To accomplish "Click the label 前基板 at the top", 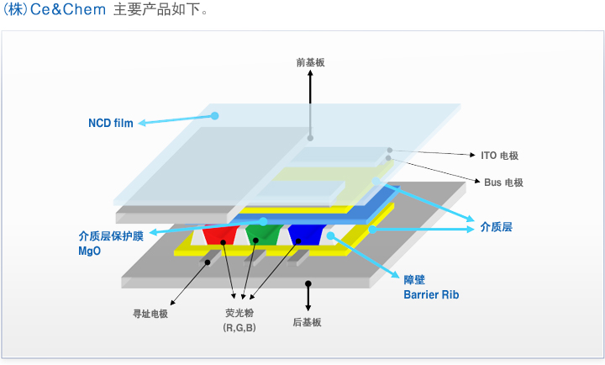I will (310, 62).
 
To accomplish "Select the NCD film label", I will (111, 123).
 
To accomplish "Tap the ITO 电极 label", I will (499, 156).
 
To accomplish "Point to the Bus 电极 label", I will (504, 182).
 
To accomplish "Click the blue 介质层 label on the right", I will (497, 226).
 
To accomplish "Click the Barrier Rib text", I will (431, 295).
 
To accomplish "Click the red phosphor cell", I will (219, 234).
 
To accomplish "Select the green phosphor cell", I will (261, 232).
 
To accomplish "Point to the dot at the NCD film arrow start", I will (215, 115).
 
